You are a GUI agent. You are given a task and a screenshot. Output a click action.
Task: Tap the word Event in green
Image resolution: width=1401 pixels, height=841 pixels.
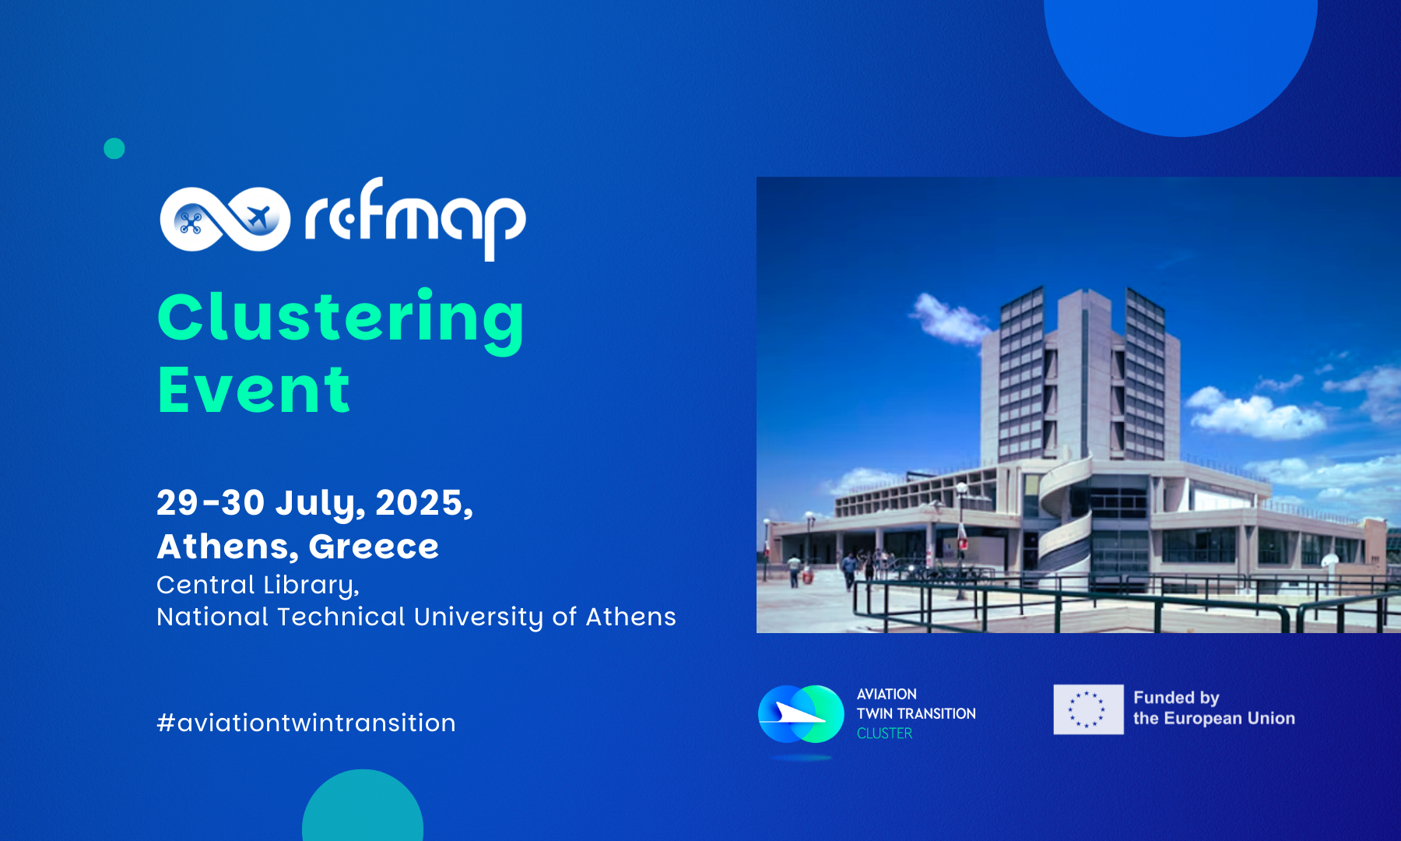[x=254, y=389]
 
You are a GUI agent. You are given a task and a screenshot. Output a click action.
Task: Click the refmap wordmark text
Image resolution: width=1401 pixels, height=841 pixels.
[x=415, y=218]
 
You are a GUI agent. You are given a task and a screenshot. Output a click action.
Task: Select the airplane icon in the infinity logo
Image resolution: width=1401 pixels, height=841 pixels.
[x=257, y=218]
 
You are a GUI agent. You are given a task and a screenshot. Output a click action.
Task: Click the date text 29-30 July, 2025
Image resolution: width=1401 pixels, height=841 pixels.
[x=314, y=502]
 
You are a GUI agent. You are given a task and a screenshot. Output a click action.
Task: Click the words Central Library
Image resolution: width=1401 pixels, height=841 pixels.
[x=257, y=585]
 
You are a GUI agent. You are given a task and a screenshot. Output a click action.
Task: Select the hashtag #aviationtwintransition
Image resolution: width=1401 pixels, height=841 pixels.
[x=306, y=723]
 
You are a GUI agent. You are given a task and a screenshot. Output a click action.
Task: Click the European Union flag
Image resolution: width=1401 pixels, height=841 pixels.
[x=1088, y=709]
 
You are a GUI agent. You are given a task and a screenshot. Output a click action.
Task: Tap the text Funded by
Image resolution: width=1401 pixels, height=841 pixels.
[x=1175, y=698]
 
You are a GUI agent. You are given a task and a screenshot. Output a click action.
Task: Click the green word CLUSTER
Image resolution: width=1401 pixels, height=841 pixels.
[x=884, y=734]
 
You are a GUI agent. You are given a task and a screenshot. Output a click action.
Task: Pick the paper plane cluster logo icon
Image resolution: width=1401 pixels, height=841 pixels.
[x=800, y=713]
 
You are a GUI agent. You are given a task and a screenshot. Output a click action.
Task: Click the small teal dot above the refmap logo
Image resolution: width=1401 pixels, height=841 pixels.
[x=114, y=149]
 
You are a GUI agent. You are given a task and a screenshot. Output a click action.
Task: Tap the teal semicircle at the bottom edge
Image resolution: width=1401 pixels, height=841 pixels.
[x=363, y=810]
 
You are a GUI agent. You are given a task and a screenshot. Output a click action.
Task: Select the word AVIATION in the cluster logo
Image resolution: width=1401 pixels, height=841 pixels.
[x=887, y=694]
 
